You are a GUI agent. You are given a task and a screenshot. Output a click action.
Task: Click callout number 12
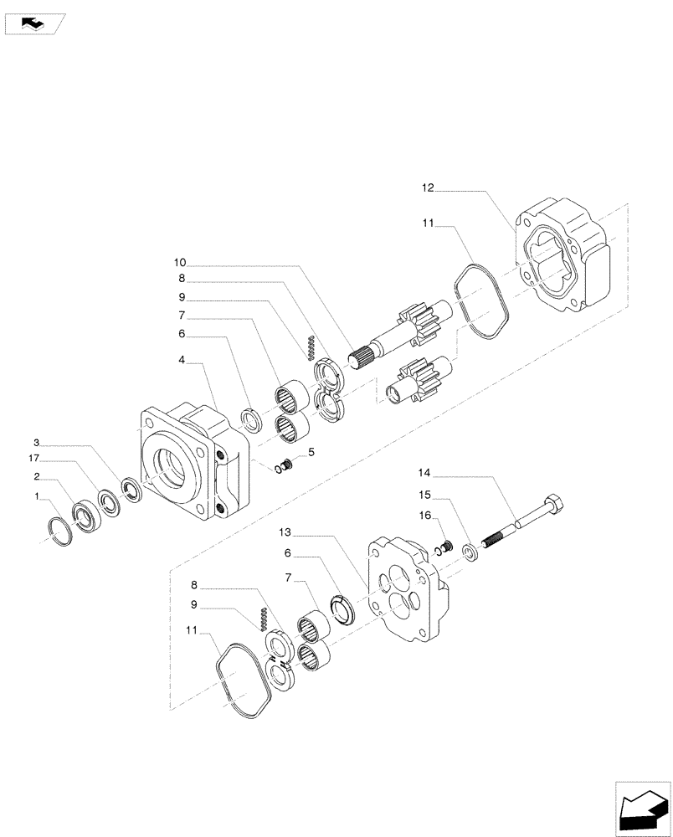[x=427, y=189]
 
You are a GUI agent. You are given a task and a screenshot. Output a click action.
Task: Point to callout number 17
[x=34, y=459]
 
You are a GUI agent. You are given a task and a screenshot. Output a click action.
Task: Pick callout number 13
[x=285, y=533]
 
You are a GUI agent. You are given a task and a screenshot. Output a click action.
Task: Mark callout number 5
[x=311, y=453]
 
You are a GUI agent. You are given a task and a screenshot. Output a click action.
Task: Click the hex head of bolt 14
[x=556, y=506]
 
